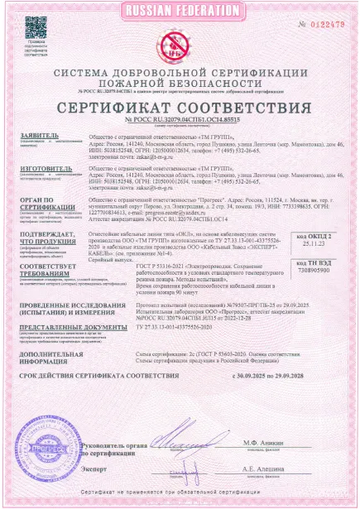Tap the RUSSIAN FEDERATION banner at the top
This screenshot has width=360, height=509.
click(180, 11)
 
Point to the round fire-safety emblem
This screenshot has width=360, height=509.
click(180, 41)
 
